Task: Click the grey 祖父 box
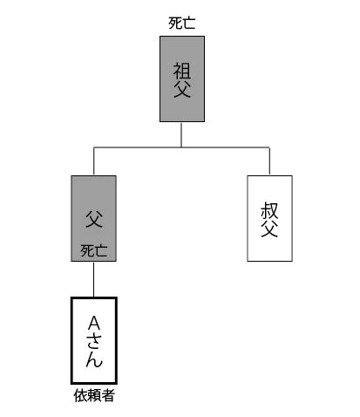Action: point(182,79)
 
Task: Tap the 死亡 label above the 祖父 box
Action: point(182,24)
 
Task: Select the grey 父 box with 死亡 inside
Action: point(94,218)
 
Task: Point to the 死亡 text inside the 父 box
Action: point(94,250)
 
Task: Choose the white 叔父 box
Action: point(269,218)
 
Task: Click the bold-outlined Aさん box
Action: point(94,340)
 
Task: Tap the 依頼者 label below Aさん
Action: point(94,395)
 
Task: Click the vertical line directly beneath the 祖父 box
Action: point(181,134)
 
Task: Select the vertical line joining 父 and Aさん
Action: point(93,279)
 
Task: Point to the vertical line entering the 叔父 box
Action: point(269,161)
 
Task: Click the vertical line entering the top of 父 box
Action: point(93,161)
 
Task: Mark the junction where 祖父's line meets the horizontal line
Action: point(181,147)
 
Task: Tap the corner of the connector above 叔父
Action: point(269,147)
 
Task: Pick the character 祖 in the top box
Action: point(182,71)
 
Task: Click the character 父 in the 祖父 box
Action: point(182,89)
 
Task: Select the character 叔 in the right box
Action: point(269,210)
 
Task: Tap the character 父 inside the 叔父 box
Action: point(269,229)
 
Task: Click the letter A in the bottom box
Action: point(94,323)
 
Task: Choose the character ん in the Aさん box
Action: point(94,359)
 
